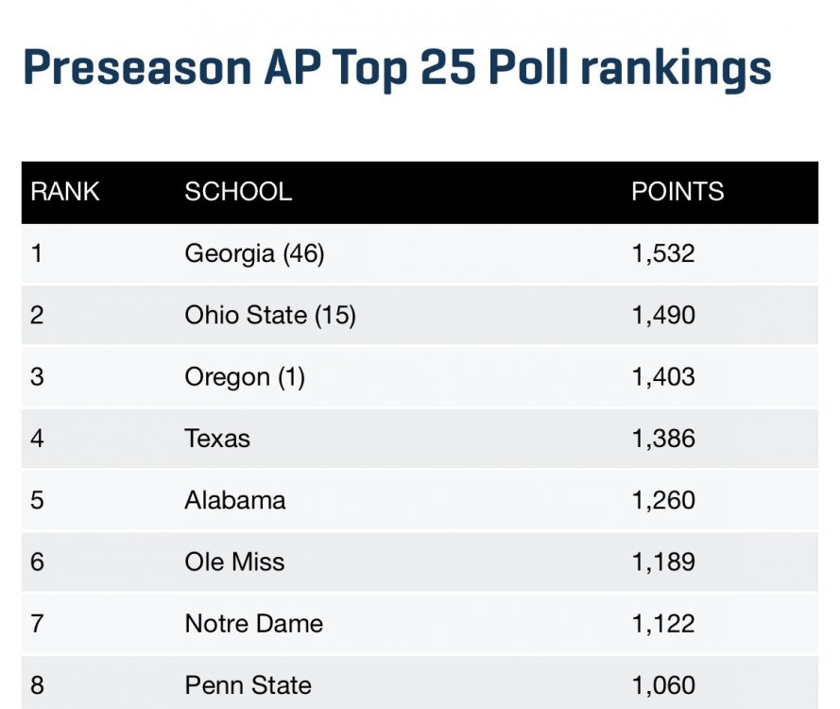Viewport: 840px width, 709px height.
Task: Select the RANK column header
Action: pyautogui.click(x=65, y=192)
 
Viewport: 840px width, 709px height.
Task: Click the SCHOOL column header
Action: pyautogui.click(x=238, y=192)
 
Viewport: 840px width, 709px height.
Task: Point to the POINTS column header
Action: pyautogui.click(x=677, y=192)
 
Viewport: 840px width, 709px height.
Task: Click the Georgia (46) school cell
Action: pyautogui.click(x=254, y=253)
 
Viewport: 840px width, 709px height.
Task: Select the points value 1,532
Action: pyautogui.click(x=663, y=253)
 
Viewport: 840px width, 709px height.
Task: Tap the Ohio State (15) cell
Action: pyautogui.click(x=270, y=315)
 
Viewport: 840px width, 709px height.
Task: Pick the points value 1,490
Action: pyautogui.click(x=663, y=315)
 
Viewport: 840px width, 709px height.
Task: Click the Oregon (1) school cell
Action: pyautogui.click(x=245, y=377)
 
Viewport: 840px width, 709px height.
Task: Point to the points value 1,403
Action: pyautogui.click(x=663, y=377)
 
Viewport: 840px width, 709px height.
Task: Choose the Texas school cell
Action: pyautogui.click(x=217, y=439)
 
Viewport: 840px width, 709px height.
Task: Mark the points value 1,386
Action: pyautogui.click(x=663, y=439)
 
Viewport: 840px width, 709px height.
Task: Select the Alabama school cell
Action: pyautogui.click(x=235, y=500)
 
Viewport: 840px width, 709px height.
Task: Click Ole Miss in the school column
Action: pyautogui.click(x=234, y=562)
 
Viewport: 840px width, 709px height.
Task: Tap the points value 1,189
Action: pyautogui.click(x=663, y=562)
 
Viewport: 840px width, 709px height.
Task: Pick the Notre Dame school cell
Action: pyautogui.click(x=254, y=624)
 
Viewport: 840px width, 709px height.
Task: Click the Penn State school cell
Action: pyautogui.click(x=249, y=685)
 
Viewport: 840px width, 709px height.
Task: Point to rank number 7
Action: pyautogui.click(x=37, y=624)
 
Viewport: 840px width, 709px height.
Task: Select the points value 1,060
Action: pyautogui.click(x=663, y=685)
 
